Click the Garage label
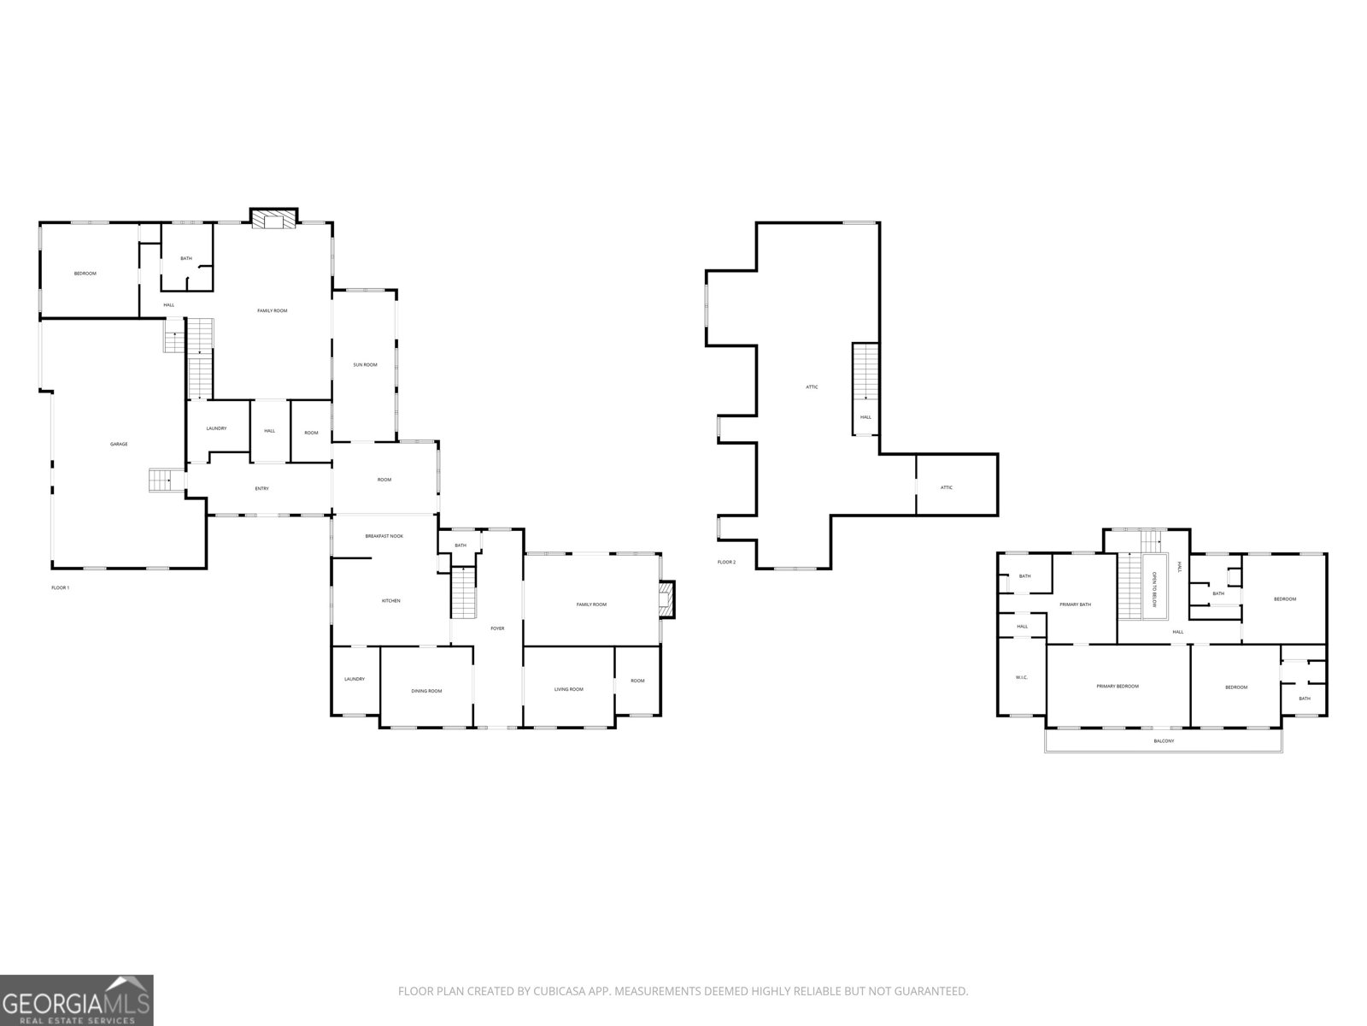point(119,444)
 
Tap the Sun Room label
point(365,365)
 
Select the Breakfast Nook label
point(384,536)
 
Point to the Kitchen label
point(390,601)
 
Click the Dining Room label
point(426,691)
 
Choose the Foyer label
point(497,628)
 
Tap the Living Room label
point(568,689)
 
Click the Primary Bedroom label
point(1118,686)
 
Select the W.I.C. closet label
point(1022,678)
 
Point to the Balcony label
point(1164,740)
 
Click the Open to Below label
point(1154,590)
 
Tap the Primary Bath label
point(1076,604)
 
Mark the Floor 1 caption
point(61,587)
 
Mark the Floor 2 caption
point(726,562)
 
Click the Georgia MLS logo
point(77,999)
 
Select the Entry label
point(261,488)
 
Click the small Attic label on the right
point(946,487)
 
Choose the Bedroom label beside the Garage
point(85,274)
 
